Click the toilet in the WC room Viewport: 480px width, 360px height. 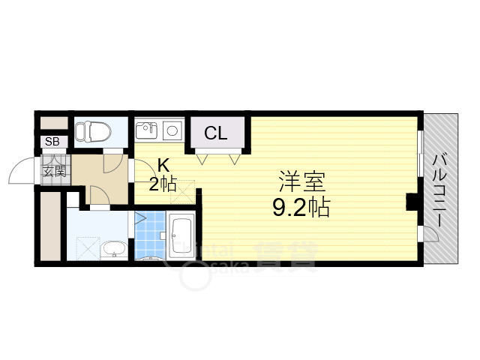(93, 132)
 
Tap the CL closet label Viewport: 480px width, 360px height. (217, 134)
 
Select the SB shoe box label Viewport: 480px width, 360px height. (52, 142)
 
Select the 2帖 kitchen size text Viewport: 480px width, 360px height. (163, 184)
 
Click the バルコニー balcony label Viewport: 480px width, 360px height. (440, 187)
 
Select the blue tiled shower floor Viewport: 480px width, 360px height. (151, 234)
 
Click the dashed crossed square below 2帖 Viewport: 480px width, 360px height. (181, 193)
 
